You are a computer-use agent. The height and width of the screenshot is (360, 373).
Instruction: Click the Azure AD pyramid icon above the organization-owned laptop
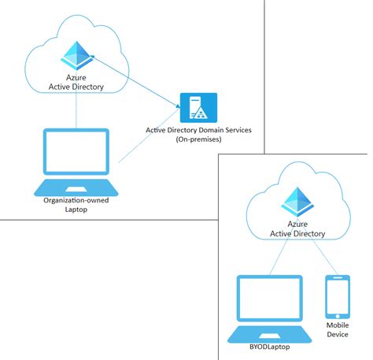pyautogui.click(x=78, y=52)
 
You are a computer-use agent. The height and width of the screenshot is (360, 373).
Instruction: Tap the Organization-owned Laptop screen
pyautogui.click(x=76, y=156)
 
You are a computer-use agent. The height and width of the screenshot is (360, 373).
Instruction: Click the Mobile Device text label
pyautogui.click(x=338, y=329)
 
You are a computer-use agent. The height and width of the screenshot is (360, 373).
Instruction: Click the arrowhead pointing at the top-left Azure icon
pyautogui.click(x=94, y=57)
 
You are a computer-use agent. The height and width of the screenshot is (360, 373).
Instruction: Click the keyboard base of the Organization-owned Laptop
pyautogui.click(x=76, y=188)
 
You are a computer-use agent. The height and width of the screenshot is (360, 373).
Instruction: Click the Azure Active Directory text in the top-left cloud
pyautogui.click(x=77, y=80)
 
